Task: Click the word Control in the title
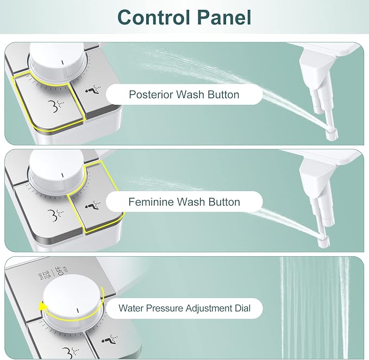[154, 17]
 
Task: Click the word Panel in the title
[224, 17]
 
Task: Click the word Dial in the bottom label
[242, 308]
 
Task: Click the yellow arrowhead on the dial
[42, 307]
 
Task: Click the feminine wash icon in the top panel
[93, 90]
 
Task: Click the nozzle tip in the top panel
[332, 134]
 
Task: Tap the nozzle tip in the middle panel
[323, 242]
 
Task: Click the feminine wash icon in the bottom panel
[110, 339]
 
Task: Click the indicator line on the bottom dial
[78, 311]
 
